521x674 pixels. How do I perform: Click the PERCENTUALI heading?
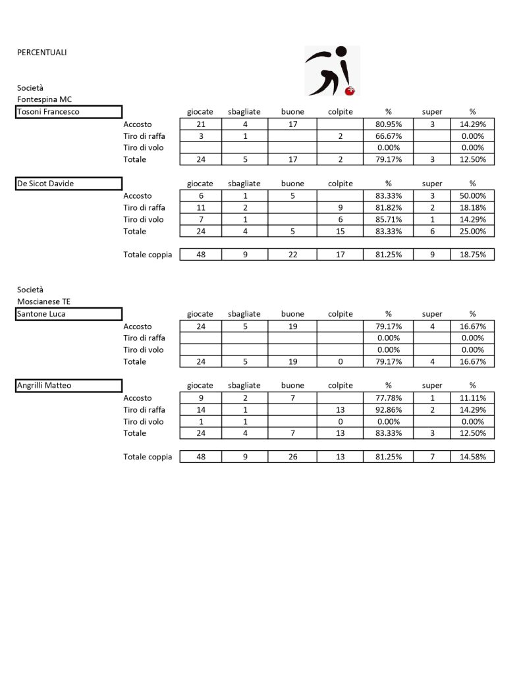click(x=41, y=52)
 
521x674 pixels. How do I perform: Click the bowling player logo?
click(x=332, y=70)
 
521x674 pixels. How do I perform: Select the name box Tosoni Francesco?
click(x=69, y=112)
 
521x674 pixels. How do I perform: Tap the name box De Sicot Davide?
click(x=69, y=184)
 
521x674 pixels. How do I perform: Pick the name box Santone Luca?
click(x=69, y=314)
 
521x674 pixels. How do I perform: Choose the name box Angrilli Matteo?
click(x=69, y=386)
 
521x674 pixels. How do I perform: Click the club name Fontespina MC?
click(x=44, y=99)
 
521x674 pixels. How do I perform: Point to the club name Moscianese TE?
click(x=43, y=301)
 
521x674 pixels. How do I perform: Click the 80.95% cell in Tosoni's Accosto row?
click(x=388, y=124)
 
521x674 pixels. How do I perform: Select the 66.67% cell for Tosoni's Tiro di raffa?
click(x=388, y=136)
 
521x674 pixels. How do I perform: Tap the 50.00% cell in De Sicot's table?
click(x=472, y=195)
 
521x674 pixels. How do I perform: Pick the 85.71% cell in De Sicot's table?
click(x=388, y=219)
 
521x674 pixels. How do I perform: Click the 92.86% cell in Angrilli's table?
click(x=388, y=409)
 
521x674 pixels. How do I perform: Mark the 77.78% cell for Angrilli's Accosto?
click(x=388, y=398)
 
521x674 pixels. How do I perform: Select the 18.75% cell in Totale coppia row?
click(x=472, y=255)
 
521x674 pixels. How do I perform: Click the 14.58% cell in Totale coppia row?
click(x=472, y=457)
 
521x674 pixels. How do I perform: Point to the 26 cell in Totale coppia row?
click(x=292, y=457)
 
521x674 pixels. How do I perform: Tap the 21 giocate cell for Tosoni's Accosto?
click(x=200, y=124)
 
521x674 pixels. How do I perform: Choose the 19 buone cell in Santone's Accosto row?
click(x=292, y=326)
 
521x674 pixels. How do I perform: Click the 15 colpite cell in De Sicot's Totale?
click(x=341, y=231)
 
